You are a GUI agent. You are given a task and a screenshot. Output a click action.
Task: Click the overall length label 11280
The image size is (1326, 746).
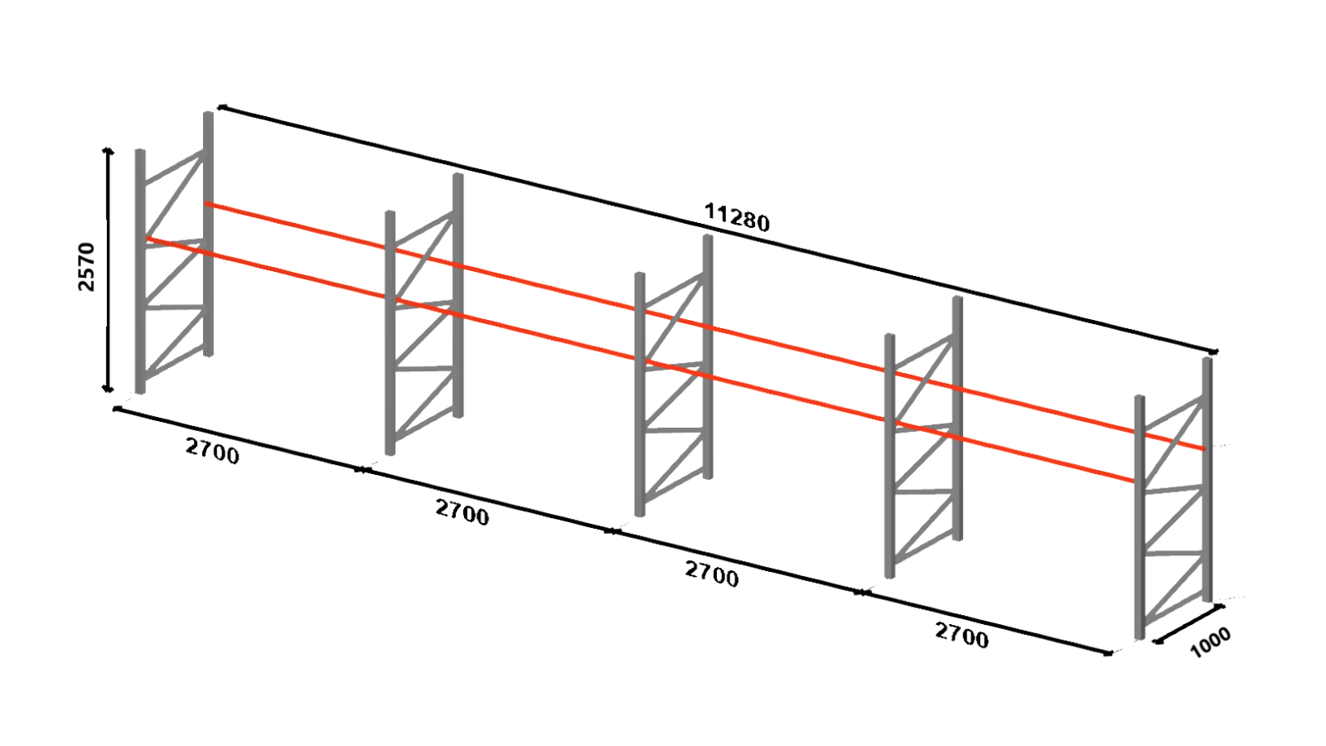(737, 217)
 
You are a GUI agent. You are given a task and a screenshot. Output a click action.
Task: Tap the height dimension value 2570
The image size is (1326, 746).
(86, 267)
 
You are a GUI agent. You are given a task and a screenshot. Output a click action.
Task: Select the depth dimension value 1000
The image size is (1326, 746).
(1210, 642)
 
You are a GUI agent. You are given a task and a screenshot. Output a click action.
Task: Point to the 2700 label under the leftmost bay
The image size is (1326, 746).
(212, 452)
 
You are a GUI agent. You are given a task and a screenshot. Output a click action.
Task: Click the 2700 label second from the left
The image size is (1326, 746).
(462, 512)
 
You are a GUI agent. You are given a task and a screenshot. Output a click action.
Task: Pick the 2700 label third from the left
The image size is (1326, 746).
(711, 574)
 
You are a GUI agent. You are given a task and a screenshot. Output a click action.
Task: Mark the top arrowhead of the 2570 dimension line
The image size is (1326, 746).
(107, 151)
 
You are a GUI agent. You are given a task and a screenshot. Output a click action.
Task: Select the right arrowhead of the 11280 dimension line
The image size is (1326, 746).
(1215, 352)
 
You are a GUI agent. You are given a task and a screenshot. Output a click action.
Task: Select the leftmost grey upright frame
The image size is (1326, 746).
(141, 274)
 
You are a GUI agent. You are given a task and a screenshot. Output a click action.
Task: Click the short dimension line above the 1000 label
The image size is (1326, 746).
(1190, 623)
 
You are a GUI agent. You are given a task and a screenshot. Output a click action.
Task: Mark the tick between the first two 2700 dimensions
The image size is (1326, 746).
(362, 470)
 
